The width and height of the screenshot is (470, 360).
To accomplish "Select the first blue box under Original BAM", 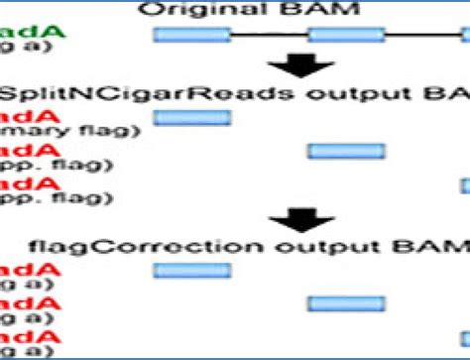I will [191, 36].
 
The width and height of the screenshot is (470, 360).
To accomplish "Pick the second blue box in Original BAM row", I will [345, 36].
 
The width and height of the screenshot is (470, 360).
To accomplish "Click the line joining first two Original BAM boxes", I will [269, 36].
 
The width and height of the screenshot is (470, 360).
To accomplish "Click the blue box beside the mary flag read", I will [191, 118].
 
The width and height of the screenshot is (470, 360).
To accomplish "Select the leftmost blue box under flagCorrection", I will [191, 271].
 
